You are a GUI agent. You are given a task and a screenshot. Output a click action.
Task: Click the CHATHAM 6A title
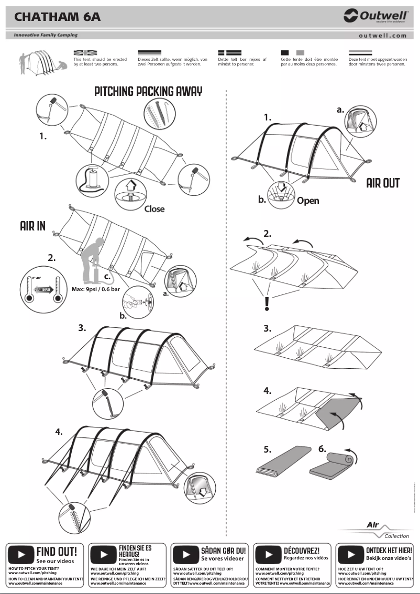[58, 17]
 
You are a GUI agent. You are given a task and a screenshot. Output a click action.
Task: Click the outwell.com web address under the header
[383, 36]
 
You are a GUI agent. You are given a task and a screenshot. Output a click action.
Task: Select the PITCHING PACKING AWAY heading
[148, 91]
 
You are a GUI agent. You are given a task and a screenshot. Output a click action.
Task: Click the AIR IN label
[32, 226]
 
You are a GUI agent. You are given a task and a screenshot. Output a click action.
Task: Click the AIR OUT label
[383, 183]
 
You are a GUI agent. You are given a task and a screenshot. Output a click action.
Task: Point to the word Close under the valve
[154, 209]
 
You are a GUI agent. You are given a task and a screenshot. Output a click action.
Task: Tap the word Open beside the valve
[307, 201]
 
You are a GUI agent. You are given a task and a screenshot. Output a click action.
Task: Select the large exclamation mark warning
[267, 303]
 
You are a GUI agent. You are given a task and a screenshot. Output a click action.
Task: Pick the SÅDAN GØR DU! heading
[223, 551]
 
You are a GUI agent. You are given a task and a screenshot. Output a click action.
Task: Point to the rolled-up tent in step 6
[333, 466]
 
